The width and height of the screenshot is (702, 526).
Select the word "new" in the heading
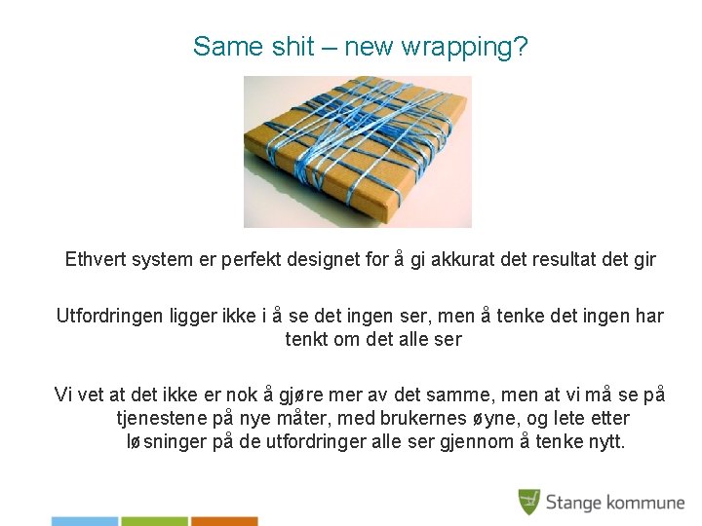point(370,46)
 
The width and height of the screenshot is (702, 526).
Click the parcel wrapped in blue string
point(357,151)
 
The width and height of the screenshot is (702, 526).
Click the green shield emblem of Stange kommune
point(528,502)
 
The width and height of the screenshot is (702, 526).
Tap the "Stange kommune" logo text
point(614,503)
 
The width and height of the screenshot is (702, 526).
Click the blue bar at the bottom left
point(84,521)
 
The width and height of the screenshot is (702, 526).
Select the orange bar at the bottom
point(224,521)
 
